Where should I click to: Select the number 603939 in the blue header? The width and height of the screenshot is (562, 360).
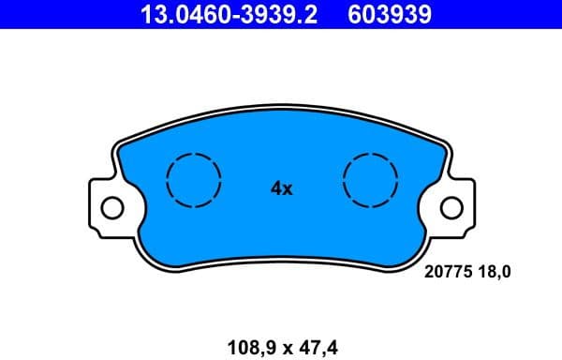pyautogui.click(x=389, y=14)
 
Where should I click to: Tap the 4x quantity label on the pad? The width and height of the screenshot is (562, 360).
pyautogui.click(x=282, y=188)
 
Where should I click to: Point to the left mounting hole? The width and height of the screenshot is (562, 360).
pyautogui.click(x=111, y=206)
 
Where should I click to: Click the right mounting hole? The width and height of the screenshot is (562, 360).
pyautogui.click(x=453, y=206)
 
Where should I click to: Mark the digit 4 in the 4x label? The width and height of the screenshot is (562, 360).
pyautogui.click(x=276, y=188)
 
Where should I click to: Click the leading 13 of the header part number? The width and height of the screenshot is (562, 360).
pyautogui.click(x=150, y=14)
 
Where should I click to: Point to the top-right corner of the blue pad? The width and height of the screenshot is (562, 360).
pyautogui.click(x=438, y=143)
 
